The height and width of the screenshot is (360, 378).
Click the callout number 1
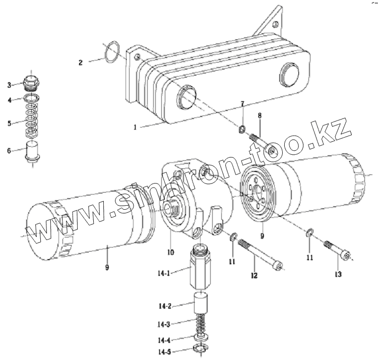135,128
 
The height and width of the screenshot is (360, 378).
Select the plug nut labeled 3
33,82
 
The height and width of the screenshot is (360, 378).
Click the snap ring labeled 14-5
202,349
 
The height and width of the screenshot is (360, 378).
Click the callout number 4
9,100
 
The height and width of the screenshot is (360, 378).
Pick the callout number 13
338,274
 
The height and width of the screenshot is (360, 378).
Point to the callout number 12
254,275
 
